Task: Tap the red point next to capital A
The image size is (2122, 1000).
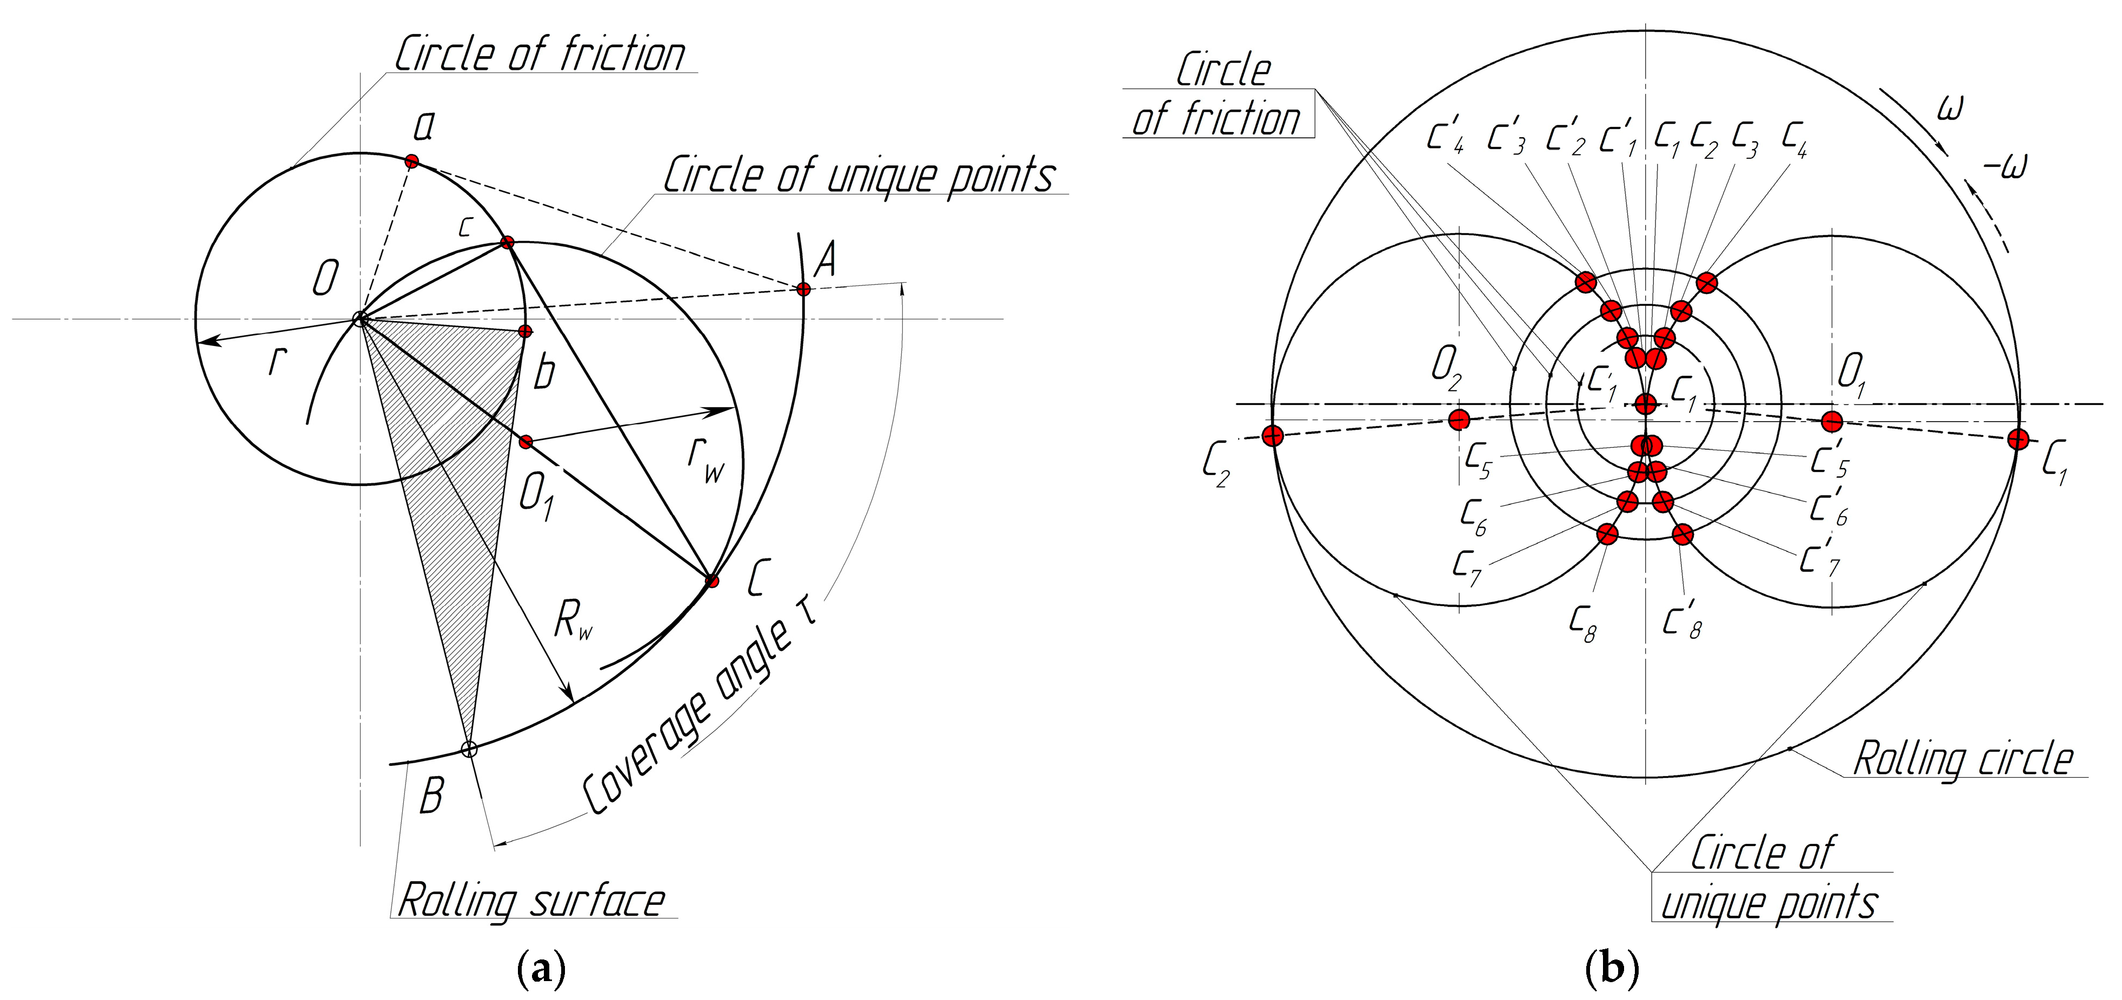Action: click(x=803, y=289)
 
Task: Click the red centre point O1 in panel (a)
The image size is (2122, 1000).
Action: click(x=525, y=442)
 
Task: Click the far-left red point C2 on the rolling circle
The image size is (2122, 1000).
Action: click(x=1273, y=436)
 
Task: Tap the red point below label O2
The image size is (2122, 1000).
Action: click(x=1459, y=420)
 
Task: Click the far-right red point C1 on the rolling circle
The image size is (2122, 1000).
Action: click(x=2017, y=439)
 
